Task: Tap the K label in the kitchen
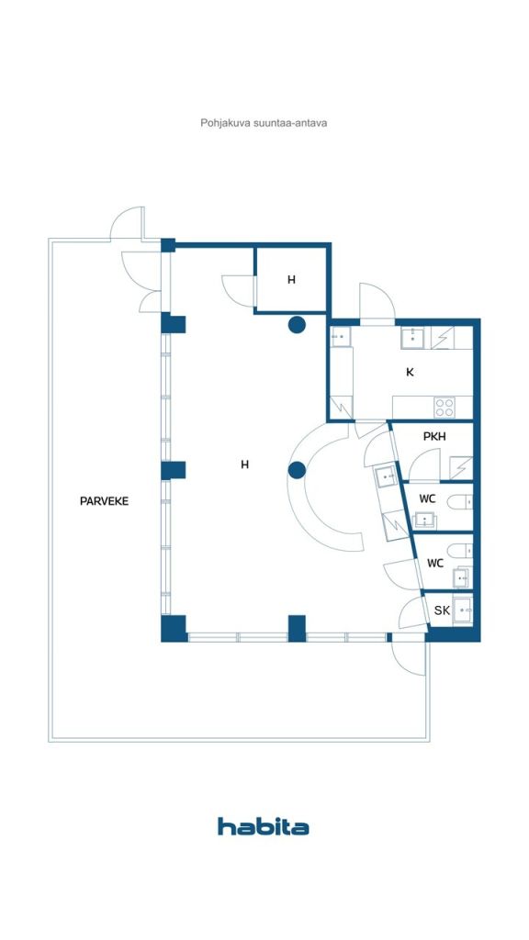(410, 372)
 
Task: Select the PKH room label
(434, 437)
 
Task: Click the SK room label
(442, 610)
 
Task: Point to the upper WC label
(427, 498)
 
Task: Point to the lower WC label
(435, 564)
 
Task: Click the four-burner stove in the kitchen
(445, 405)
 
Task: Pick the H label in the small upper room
(291, 280)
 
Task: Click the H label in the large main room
(244, 464)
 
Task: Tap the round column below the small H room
(297, 324)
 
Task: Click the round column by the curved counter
(296, 471)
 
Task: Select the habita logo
(264, 826)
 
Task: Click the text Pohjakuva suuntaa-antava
(264, 122)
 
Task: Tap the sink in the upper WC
(425, 520)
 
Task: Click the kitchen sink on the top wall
(414, 338)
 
